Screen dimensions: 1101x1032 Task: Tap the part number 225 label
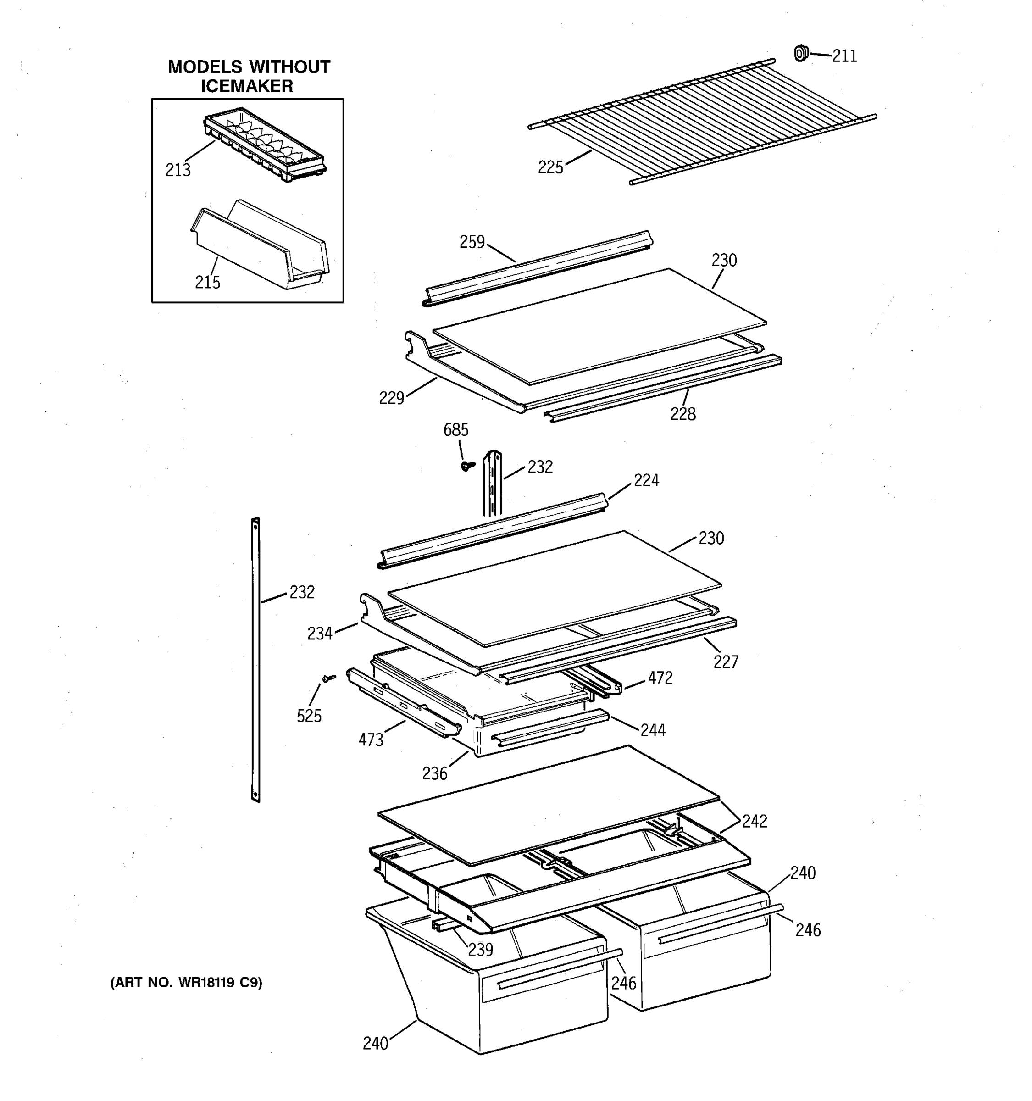click(x=550, y=167)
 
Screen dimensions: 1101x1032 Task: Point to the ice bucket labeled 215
click(x=260, y=246)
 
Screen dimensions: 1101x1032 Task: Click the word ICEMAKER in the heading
click(x=247, y=86)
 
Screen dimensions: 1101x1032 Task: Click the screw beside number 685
click(x=467, y=466)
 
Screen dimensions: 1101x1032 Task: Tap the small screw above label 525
click(x=329, y=678)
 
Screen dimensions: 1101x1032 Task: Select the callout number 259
click(x=472, y=242)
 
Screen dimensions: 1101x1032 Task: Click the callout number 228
click(x=682, y=414)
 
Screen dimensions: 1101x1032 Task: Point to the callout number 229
click(x=391, y=398)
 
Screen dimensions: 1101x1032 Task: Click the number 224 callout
click(x=646, y=480)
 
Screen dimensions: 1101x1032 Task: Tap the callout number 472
click(x=660, y=678)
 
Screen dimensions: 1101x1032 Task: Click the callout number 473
click(x=371, y=740)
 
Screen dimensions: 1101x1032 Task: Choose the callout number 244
click(x=653, y=730)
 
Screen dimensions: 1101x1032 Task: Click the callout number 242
click(x=754, y=821)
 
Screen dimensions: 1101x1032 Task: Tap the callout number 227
click(x=725, y=662)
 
